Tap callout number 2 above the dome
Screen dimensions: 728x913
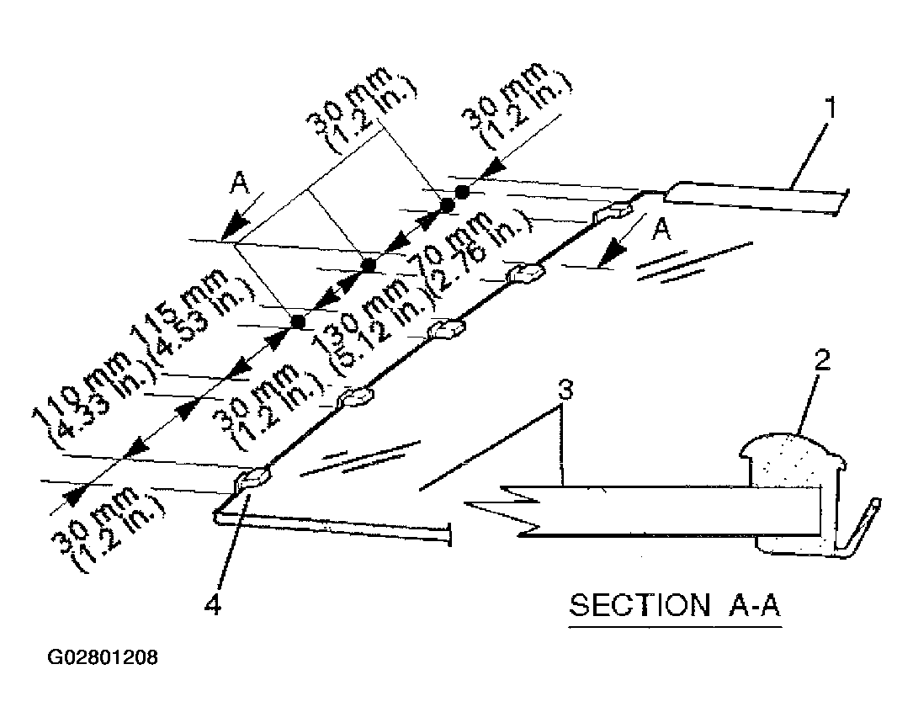821,362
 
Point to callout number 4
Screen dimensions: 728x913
215,604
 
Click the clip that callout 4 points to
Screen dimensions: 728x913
252,477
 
